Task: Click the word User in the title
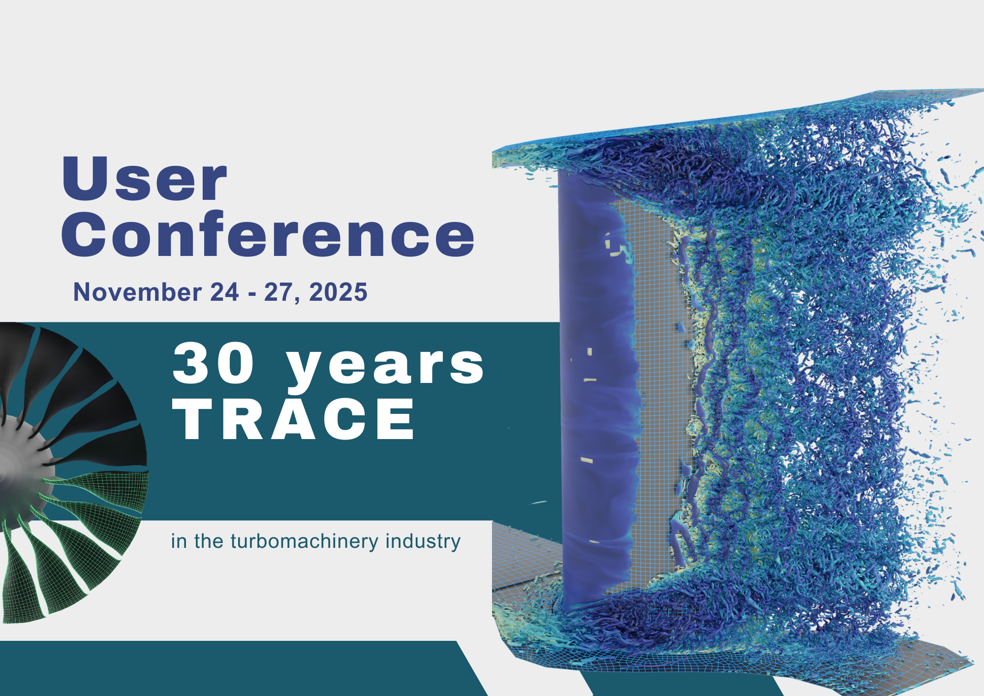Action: point(144,178)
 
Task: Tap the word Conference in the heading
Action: point(268,234)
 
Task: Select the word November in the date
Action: point(137,292)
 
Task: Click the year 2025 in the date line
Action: point(338,292)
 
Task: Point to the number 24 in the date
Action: point(224,292)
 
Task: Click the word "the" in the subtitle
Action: point(209,541)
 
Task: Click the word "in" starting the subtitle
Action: point(179,541)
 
